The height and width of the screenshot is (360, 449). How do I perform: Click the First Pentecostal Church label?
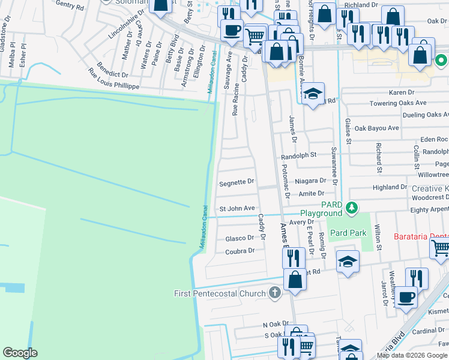tap(219, 293)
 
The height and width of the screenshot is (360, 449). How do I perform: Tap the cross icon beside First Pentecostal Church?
tap(274, 293)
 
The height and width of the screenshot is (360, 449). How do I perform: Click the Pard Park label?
tap(348, 232)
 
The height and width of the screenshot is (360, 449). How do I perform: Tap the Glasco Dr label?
tap(240, 238)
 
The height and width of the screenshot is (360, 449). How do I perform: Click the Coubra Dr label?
tap(240, 251)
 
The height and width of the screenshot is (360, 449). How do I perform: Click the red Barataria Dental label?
tap(421, 236)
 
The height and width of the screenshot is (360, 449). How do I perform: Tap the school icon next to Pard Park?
tap(348, 262)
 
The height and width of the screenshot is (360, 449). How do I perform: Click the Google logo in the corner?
tap(20, 353)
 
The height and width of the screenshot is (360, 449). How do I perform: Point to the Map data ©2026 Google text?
tap(412, 355)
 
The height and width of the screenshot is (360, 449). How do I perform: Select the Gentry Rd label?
tap(70, 5)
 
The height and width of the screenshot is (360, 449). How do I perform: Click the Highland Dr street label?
tap(390, 187)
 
